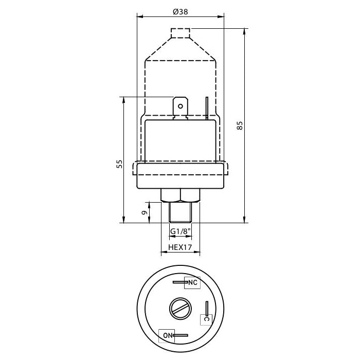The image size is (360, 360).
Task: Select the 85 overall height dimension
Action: click(x=240, y=125)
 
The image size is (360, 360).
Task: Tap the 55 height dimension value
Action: click(x=119, y=164)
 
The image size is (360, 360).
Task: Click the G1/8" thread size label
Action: click(x=180, y=231)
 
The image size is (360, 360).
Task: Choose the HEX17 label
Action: click(x=180, y=247)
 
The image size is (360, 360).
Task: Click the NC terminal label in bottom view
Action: click(x=192, y=283)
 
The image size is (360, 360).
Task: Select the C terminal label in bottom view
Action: click(x=207, y=319)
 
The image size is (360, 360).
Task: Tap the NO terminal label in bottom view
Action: click(x=167, y=336)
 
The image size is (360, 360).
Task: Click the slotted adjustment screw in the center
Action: click(x=180, y=309)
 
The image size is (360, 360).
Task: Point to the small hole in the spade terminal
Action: click(x=180, y=106)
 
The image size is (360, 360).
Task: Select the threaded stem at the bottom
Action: click(x=180, y=212)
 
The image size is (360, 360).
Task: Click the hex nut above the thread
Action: click(x=180, y=194)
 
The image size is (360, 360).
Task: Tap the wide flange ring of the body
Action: click(x=180, y=175)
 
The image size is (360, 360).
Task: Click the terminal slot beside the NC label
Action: click(x=179, y=282)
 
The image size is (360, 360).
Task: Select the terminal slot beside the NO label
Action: click(x=181, y=336)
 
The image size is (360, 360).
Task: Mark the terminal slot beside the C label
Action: click(x=207, y=309)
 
